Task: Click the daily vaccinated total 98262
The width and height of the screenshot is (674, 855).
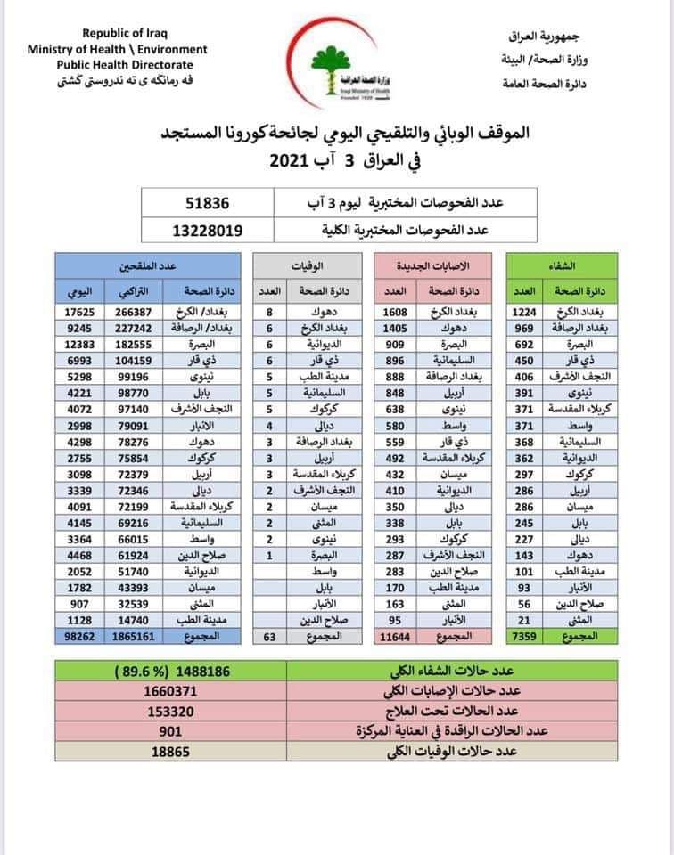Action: tap(75, 638)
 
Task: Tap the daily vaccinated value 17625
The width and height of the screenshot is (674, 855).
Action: tap(75, 313)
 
